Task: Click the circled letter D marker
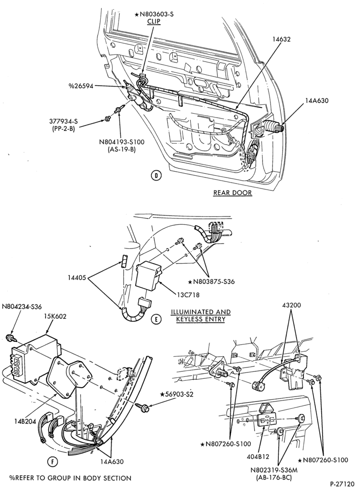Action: click(156, 176)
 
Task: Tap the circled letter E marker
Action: click(156, 319)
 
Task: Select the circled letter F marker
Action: click(53, 461)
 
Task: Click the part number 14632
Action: click(282, 39)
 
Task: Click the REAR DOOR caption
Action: click(233, 193)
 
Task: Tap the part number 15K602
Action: click(55, 316)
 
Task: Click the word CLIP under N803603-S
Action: click(154, 21)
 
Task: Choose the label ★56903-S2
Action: click(177, 394)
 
